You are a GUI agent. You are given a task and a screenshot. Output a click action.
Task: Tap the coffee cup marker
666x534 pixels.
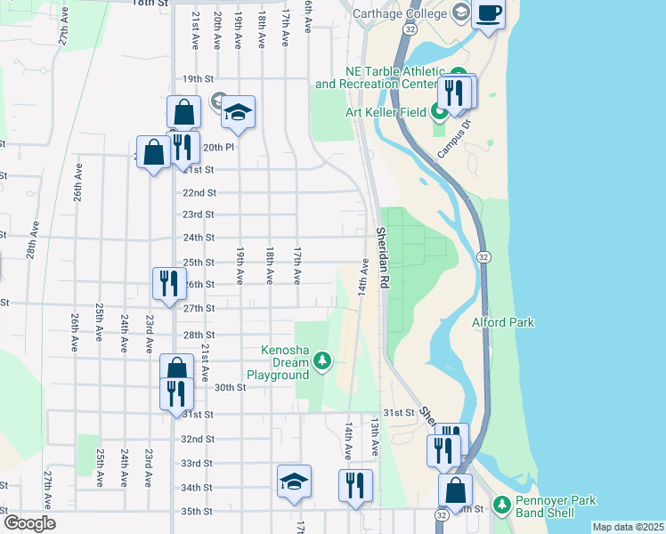click(488, 14)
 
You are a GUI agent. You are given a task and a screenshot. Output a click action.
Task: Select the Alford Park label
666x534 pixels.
click(503, 322)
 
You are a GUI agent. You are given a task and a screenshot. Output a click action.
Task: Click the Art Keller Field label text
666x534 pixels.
click(386, 112)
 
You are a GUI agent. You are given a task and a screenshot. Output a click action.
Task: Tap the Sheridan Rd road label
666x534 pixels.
click(384, 256)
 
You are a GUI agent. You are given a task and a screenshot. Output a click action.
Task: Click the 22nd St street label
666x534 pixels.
click(199, 192)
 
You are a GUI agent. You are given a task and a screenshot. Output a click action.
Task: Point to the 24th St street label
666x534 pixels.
click(199, 238)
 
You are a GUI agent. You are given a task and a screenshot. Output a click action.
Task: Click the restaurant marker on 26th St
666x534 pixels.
click(169, 283)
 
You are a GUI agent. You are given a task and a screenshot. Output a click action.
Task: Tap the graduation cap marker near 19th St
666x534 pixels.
click(238, 112)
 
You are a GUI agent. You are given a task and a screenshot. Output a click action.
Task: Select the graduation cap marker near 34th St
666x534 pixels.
click(294, 481)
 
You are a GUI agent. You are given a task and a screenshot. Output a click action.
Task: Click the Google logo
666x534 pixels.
click(29, 523)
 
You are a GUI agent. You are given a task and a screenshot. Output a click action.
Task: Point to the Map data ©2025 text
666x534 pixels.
click(627, 527)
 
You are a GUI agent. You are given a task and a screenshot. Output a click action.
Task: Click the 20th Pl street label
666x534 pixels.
click(218, 148)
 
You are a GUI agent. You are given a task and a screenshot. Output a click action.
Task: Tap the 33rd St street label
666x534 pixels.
click(196, 464)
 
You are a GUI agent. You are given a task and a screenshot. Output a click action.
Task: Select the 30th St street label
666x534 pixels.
click(229, 387)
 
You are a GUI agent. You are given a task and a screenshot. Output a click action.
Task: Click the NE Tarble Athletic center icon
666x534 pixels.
click(459, 74)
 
